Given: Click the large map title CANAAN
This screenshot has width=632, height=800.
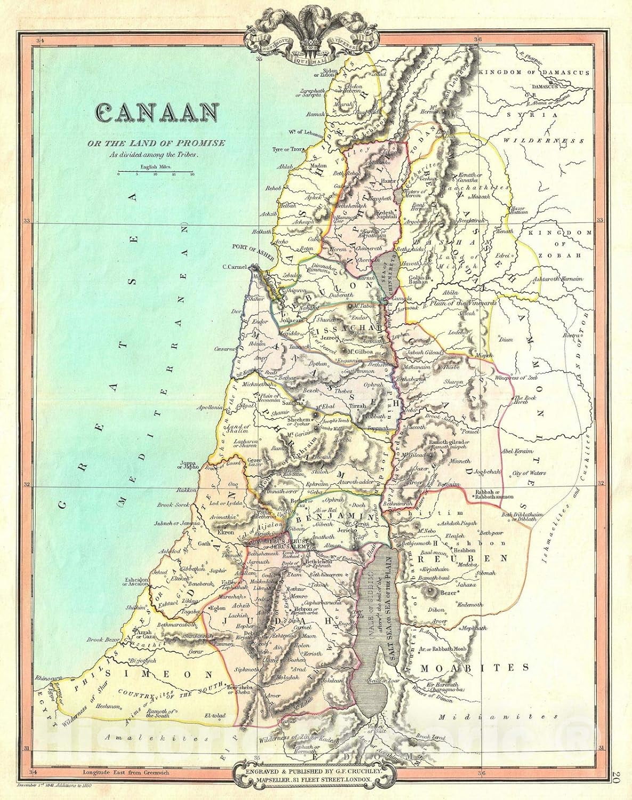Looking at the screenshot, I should [158, 113].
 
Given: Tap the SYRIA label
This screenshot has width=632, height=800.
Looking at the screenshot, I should [539, 114].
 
